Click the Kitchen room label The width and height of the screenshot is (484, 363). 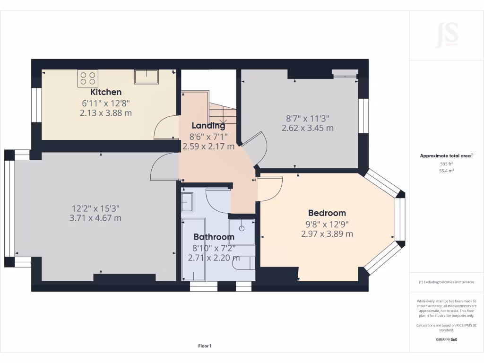(x=106, y=92)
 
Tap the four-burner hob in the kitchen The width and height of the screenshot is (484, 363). (x=88, y=78)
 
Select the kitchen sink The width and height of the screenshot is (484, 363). (x=146, y=77)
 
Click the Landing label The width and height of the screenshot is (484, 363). (x=208, y=126)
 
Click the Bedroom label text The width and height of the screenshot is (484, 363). (x=327, y=213)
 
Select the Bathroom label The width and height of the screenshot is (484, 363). (x=214, y=237)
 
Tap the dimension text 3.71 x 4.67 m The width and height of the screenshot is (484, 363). (x=95, y=218)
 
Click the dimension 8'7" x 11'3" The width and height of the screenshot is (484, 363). (x=307, y=119)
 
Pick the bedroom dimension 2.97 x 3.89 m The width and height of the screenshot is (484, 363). (x=327, y=233)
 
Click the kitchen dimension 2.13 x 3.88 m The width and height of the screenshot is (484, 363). (x=106, y=113)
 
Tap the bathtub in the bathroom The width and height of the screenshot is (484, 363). (x=193, y=249)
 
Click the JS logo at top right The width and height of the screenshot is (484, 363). (x=447, y=35)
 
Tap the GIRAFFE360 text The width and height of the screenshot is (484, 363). (x=446, y=339)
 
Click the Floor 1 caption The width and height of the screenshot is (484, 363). (x=205, y=346)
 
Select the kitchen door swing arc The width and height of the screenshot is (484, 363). (x=165, y=126)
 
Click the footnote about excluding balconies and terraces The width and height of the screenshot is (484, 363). (x=446, y=282)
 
